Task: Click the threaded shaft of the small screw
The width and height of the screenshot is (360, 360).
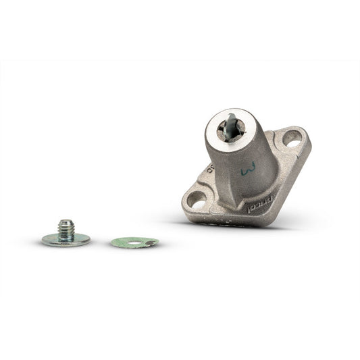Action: point(66,230)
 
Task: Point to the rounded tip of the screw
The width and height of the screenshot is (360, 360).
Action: point(66,221)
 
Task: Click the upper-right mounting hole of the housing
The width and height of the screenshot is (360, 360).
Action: point(292,138)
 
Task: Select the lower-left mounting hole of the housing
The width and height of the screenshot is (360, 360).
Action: point(197,199)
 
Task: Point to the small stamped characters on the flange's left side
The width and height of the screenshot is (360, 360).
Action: point(210,169)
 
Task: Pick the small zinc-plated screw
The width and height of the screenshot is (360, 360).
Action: point(66,233)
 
